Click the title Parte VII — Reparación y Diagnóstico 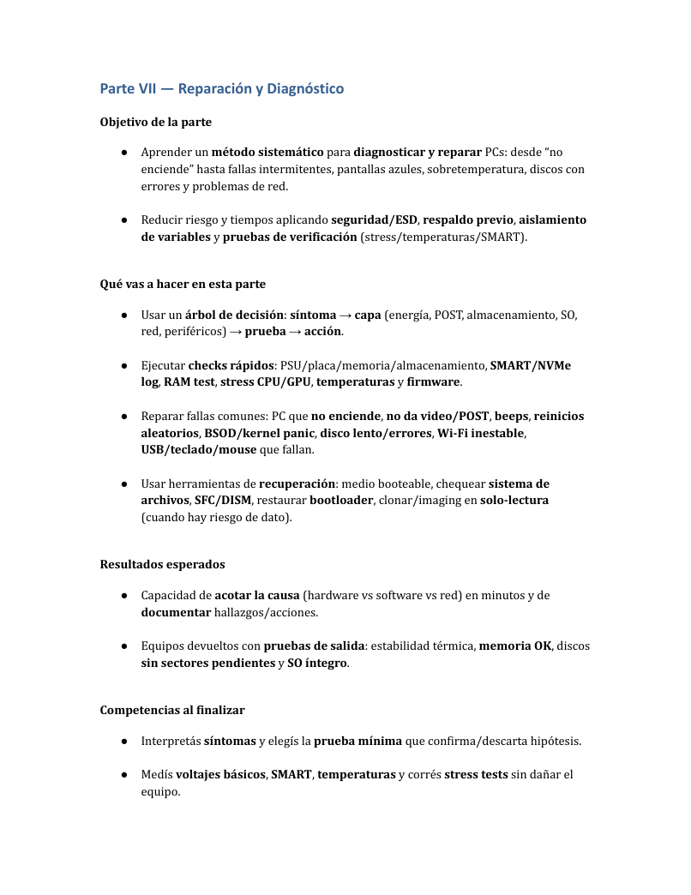point(221,89)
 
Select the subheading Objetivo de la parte point(156,122)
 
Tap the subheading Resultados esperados point(162,564)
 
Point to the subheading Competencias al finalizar point(172,710)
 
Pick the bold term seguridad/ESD point(375,219)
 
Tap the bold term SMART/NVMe point(531,365)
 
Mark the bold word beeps point(511,416)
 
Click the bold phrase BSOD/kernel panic point(259,433)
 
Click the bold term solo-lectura point(514,500)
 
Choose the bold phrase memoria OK point(515,646)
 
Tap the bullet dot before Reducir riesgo point(124,219)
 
